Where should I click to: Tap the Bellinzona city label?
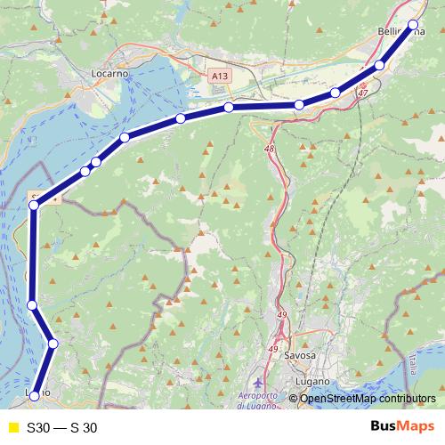point(400,32)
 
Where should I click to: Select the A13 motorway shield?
point(220,77)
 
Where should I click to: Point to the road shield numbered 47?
point(362,93)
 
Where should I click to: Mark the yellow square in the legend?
point(12,427)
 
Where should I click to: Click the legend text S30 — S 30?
point(62,427)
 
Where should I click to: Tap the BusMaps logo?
point(399,427)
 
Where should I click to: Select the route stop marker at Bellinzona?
point(412,25)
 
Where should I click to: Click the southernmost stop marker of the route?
point(36,395)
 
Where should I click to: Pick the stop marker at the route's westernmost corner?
point(34,206)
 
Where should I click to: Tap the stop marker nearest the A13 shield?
point(229,108)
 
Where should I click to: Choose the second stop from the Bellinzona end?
point(380,65)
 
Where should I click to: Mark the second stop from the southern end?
point(53,344)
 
